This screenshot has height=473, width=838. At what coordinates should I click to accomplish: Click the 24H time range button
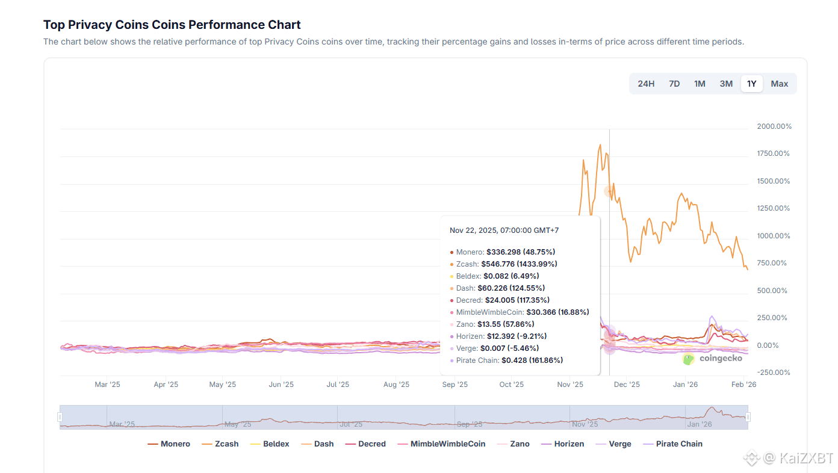pos(646,84)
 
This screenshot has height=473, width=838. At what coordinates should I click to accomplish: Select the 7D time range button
pos(674,84)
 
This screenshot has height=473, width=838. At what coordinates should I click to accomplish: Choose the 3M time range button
pos(726,84)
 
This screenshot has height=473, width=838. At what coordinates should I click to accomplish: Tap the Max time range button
pos(780,84)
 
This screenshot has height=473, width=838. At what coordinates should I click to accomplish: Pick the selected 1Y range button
pos(752,84)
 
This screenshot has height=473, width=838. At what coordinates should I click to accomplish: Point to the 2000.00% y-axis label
pos(774,126)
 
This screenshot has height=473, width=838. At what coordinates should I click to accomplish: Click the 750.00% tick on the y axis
pos(772,263)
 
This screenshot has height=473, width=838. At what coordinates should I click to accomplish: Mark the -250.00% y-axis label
pos(774,373)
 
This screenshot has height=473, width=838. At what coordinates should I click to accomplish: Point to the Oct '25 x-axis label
pos(512,385)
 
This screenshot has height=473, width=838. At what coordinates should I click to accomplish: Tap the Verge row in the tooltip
pos(497,348)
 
